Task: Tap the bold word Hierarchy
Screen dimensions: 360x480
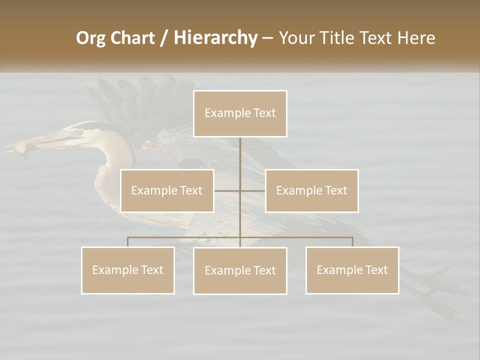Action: (215, 38)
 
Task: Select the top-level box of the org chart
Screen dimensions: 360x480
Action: (240, 113)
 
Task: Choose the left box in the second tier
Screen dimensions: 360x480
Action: (167, 190)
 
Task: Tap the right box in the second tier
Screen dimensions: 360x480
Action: (311, 190)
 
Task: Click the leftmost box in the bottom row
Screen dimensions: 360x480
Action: (127, 270)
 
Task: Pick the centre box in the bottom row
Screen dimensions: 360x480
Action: (240, 271)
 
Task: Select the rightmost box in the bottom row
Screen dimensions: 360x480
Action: (352, 270)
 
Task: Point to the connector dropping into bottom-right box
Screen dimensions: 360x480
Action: (352, 242)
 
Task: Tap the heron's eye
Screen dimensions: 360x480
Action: (79, 132)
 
